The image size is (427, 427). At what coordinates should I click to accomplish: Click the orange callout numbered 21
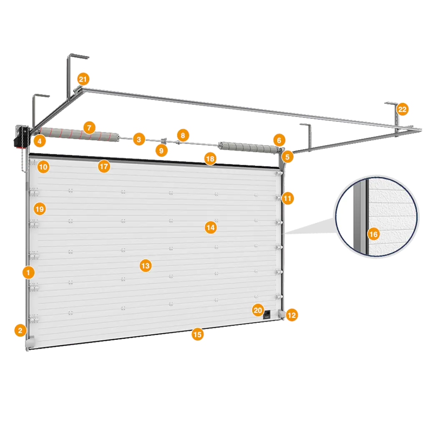tap(83, 79)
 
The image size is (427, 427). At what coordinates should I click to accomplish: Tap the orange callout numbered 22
tap(402, 109)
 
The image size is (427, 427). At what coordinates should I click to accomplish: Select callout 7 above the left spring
tap(89, 128)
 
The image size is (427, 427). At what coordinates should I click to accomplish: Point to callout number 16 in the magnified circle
tap(373, 234)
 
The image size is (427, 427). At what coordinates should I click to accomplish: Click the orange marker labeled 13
tap(146, 266)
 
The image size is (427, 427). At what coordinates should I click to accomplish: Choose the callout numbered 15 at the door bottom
tap(197, 334)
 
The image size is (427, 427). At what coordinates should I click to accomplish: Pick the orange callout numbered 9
tap(161, 151)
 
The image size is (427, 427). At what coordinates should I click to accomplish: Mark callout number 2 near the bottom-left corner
tap(20, 331)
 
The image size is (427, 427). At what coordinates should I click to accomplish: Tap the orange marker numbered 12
tap(291, 315)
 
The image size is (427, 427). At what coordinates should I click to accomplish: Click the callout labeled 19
tap(40, 209)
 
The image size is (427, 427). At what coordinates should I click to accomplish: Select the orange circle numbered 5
tap(287, 157)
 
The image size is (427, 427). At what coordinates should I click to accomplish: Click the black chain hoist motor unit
tap(21, 137)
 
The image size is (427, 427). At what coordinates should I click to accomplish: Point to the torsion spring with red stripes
tap(80, 135)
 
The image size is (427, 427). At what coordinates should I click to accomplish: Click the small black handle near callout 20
tap(267, 314)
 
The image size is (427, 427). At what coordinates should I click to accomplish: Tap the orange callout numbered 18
tap(210, 159)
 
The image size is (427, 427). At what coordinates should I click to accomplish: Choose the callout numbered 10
tap(43, 167)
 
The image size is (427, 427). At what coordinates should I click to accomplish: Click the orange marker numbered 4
tap(40, 141)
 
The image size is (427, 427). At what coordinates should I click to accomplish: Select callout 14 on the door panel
tap(211, 227)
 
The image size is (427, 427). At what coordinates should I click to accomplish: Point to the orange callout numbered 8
tap(183, 136)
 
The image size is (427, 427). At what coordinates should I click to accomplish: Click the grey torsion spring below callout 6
tap(249, 148)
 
